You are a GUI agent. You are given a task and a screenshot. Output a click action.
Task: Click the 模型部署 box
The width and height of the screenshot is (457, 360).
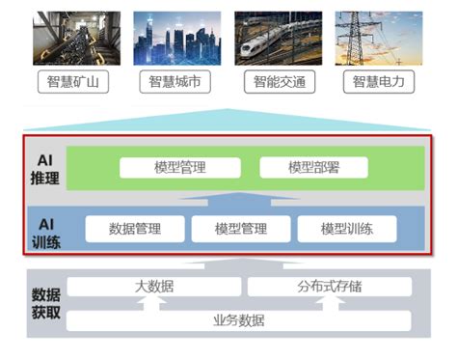pos(313,167)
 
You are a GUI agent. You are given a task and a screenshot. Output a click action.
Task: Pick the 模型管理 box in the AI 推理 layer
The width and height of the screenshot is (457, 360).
pos(180,167)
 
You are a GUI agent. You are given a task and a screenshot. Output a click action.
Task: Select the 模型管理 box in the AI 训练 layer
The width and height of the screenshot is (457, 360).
pos(240,229)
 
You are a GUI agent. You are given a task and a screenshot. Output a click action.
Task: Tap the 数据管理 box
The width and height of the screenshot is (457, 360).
pos(135,229)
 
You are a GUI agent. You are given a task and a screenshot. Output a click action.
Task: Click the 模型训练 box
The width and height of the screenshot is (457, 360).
pos(346,229)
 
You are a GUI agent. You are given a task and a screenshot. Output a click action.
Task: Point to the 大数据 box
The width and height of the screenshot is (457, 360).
pos(154,287)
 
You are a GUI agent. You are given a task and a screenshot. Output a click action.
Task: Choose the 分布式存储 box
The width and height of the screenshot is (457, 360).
pos(330,287)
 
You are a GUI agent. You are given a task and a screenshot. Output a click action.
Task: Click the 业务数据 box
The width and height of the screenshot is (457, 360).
pos(239,320)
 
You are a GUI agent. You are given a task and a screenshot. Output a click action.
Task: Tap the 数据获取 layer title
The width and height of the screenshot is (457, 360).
pos(45,303)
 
